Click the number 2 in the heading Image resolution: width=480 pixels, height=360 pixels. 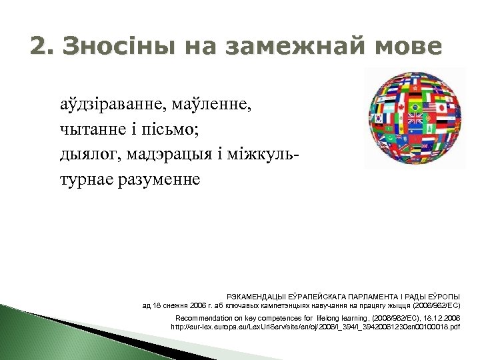(39, 47)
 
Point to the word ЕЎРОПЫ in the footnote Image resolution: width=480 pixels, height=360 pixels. (442, 296)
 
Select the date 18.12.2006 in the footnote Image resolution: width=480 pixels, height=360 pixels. (441, 317)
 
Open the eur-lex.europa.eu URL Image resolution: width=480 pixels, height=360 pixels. (315, 327)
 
